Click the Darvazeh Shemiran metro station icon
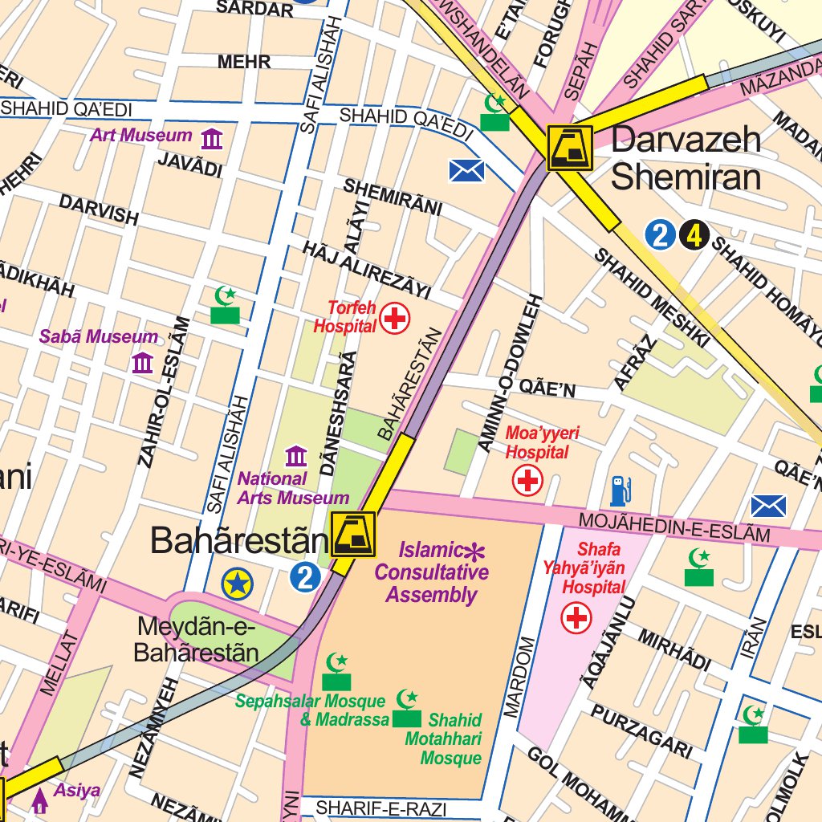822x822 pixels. pos(570,148)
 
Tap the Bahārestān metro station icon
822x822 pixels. pos(352,535)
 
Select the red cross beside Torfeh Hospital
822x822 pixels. pos(394,318)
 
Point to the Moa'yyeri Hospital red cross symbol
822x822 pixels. pos(527,481)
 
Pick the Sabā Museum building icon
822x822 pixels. pos(142,363)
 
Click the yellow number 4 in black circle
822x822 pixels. pos(694,235)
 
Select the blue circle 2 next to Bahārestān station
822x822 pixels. pos(305,577)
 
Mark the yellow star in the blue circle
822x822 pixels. pos(237,584)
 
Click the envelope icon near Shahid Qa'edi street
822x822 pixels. pos(466,170)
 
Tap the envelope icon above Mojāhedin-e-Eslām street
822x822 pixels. pos(768,506)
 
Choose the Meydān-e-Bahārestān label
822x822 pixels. pos(196,638)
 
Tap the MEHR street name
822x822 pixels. pos(244,62)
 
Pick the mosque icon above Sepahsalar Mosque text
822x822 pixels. pos(337,671)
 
